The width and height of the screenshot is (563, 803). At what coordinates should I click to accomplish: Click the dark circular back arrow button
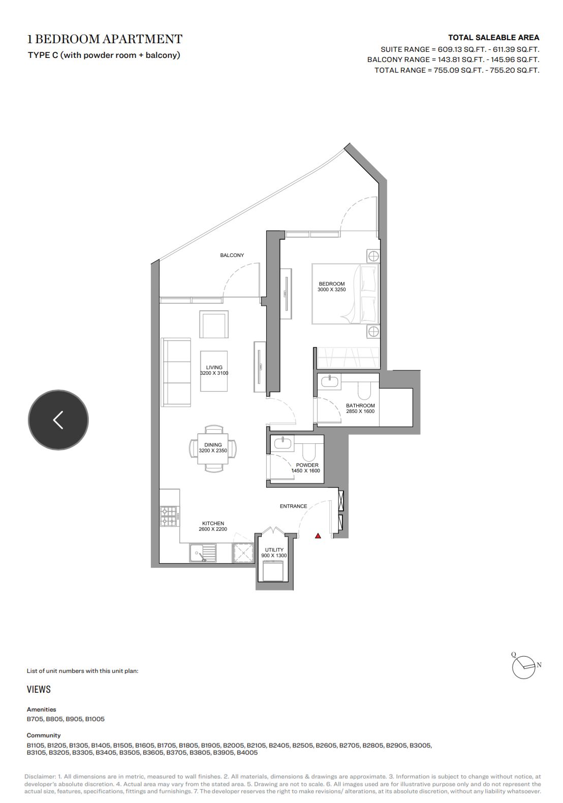pos(58,420)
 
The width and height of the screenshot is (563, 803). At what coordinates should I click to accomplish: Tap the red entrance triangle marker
pos(318,536)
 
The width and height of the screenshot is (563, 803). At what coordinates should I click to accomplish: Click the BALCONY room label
pos(232,255)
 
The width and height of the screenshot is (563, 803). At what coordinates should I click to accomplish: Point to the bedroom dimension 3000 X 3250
pos(332,290)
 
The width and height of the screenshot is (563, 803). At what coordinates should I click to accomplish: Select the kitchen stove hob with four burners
pos(169,516)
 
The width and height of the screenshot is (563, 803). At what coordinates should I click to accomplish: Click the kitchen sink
pos(203,553)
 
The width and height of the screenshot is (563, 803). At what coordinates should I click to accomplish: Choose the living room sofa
pos(176,372)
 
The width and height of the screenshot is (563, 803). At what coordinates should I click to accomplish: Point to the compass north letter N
pos(539,665)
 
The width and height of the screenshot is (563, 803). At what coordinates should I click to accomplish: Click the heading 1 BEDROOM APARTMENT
pos(105,39)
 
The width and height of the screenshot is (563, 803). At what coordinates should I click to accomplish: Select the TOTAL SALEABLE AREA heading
pos(493,38)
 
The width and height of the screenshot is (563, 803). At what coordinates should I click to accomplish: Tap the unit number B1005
pos(95,719)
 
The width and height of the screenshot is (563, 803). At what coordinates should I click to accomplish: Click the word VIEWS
pos(39,689)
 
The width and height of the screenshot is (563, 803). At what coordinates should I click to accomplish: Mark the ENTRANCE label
pos(293,506)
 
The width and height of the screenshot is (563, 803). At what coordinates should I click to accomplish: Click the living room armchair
pos(214,324)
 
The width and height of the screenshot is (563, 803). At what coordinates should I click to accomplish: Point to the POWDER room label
pos(307,465)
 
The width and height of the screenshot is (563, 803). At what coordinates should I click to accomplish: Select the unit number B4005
pos(247,752)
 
